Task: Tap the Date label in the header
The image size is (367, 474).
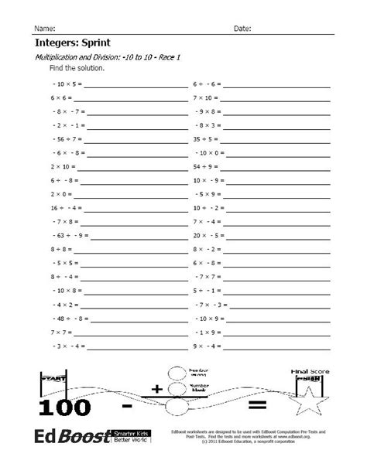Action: click(242, 29)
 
